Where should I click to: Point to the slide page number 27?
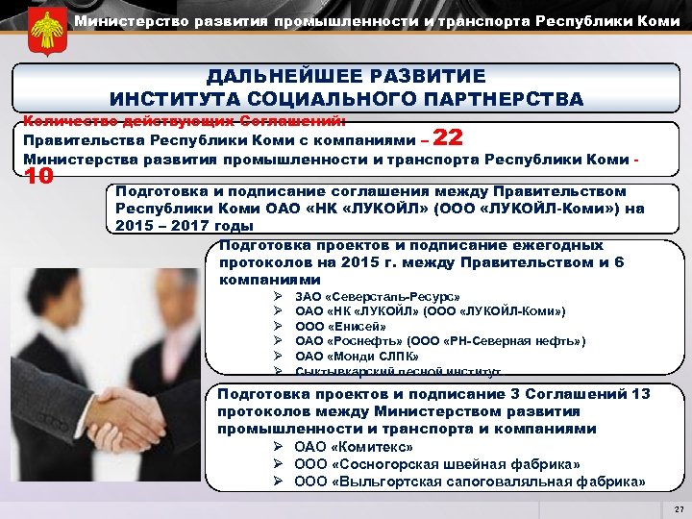tap(679, 508)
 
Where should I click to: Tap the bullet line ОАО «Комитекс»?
tap(353, 447)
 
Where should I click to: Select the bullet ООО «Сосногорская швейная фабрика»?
tap(436, 464)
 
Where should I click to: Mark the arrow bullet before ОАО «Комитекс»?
tap(277, 447)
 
